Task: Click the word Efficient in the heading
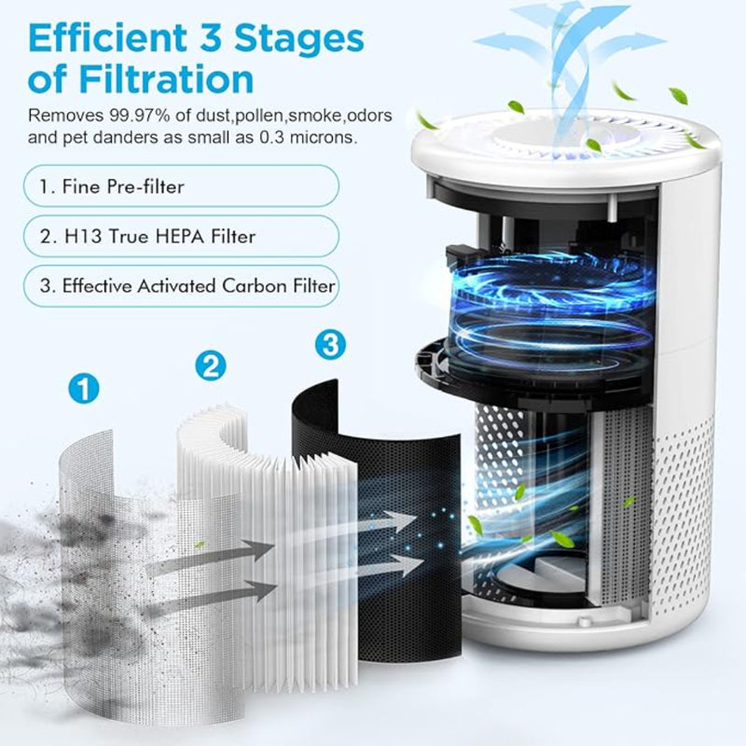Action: [107, 38]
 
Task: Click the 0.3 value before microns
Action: [272, 137]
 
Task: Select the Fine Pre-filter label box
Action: [181, 186]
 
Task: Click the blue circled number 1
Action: [84, 388]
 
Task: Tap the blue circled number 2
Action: [211, 365]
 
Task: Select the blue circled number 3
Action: [330, 344]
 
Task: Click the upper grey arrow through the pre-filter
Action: [209, 556]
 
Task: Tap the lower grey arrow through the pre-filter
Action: [209, 597]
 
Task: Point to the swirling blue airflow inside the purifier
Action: [552, 305]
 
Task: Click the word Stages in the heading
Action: [299, 39]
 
